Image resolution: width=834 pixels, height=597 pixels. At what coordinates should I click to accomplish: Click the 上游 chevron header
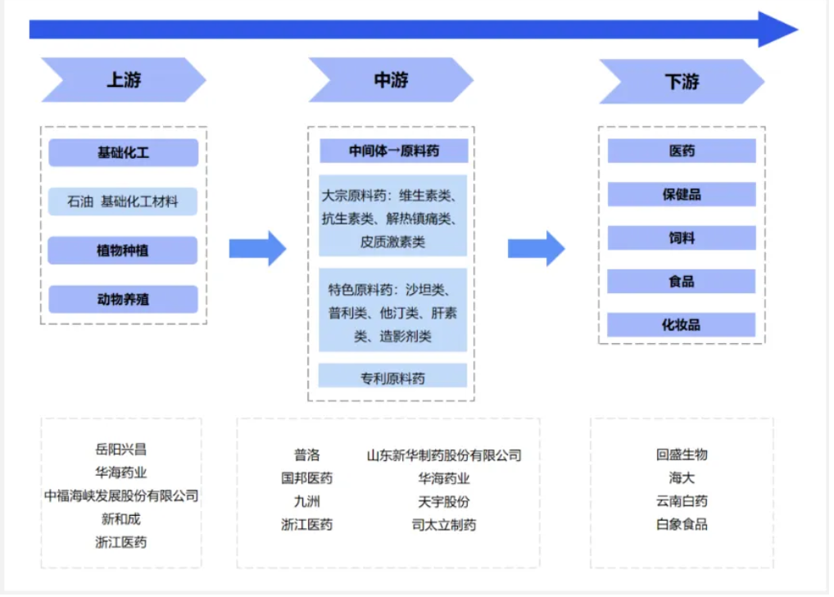click(x=124, y=80)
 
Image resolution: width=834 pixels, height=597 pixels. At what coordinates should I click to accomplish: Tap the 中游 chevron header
click(x=391, y=80)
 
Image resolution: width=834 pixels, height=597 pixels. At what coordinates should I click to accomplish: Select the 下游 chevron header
click(x=682, y=82)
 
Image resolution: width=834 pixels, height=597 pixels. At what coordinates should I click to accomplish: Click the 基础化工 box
click(x=123, y=153)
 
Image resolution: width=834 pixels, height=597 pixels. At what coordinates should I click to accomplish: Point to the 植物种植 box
click(x=123, y=251)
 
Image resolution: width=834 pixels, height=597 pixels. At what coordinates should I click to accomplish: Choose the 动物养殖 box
click(x=123, y=299)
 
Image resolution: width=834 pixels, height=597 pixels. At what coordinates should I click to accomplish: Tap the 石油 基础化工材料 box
click(x=123, y=201)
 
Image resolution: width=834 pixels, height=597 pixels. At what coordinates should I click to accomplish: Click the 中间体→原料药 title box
click(x=393, y=151)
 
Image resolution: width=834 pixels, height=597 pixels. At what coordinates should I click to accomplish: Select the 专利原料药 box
click(x=393, y=378)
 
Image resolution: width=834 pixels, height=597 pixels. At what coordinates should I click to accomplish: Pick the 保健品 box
click(x=682, y=195)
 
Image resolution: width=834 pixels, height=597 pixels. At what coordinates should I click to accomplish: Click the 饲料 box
click(x=682, y=238)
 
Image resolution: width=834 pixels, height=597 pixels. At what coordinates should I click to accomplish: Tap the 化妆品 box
click(x=682, y=325)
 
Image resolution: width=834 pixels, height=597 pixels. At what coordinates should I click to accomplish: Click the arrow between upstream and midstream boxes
click(x=257, y=248)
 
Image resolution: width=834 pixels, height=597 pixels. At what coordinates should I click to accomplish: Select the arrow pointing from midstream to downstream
click(x=537, y=248)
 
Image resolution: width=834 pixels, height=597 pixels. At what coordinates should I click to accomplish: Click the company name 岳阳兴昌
click(x=120, y=450)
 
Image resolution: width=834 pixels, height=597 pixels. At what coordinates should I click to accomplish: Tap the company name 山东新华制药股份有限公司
click(x=443, y=455)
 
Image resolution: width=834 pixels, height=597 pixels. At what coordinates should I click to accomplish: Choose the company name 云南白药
click(x=682, y=501)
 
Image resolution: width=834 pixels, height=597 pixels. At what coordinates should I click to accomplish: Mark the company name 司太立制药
click(x=443, y=525)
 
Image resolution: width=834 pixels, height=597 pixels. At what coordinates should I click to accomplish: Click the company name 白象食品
click(x=682, y=524)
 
